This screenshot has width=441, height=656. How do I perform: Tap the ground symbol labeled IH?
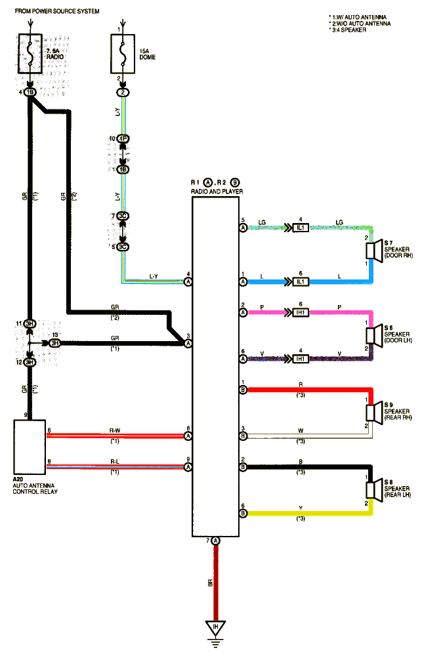tap(215, 628)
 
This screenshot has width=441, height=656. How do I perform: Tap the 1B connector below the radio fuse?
tap(30, 92)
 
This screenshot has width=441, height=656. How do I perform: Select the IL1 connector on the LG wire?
tap(301, 228)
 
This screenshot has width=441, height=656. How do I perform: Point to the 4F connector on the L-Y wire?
tap(121, 139)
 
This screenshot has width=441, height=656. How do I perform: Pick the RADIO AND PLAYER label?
tap(217, 191)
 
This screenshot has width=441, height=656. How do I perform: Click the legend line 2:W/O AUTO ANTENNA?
tap(360, 23)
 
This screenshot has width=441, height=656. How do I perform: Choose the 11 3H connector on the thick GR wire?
tap(30, 324)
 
